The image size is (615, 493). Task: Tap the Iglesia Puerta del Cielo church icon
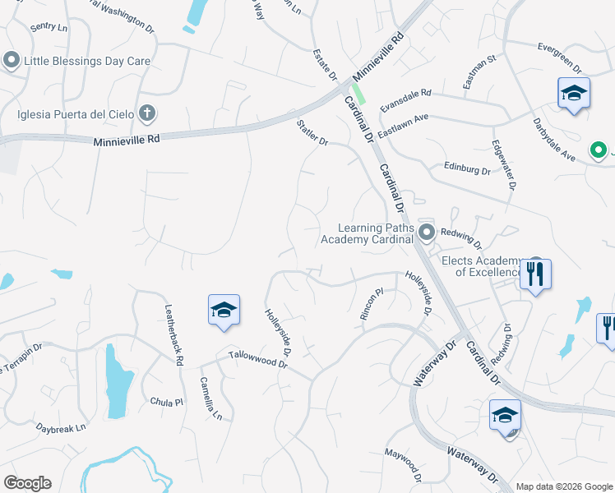[146, 113]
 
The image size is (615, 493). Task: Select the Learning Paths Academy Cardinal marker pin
[426, 233]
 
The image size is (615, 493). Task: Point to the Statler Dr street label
[312, 132]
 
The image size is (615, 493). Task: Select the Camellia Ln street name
[211, 399]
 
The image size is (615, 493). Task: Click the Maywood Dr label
[403, 465]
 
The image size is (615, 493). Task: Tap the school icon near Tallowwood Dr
[224, 311]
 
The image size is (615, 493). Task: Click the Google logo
[27, 483]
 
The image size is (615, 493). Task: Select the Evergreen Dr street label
[559, 48]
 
